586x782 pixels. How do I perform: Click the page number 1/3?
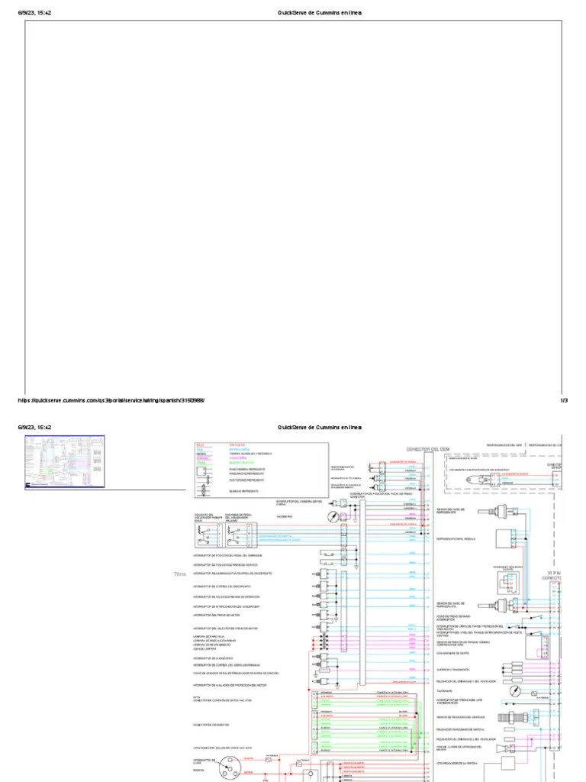pyautogui.click(x=564, y=400)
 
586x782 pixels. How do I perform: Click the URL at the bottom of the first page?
pyautogui.click(x=111, y=400)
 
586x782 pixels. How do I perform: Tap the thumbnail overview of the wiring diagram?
pyautogui.click(x=65, y=460)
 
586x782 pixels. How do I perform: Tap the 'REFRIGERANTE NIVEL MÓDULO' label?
pyautogui.click(x=457, y=538)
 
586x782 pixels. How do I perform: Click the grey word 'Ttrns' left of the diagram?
pyautogui.click(x=180, y=574)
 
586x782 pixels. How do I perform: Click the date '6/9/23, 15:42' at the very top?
pyautogui.click(x=35, y=14)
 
